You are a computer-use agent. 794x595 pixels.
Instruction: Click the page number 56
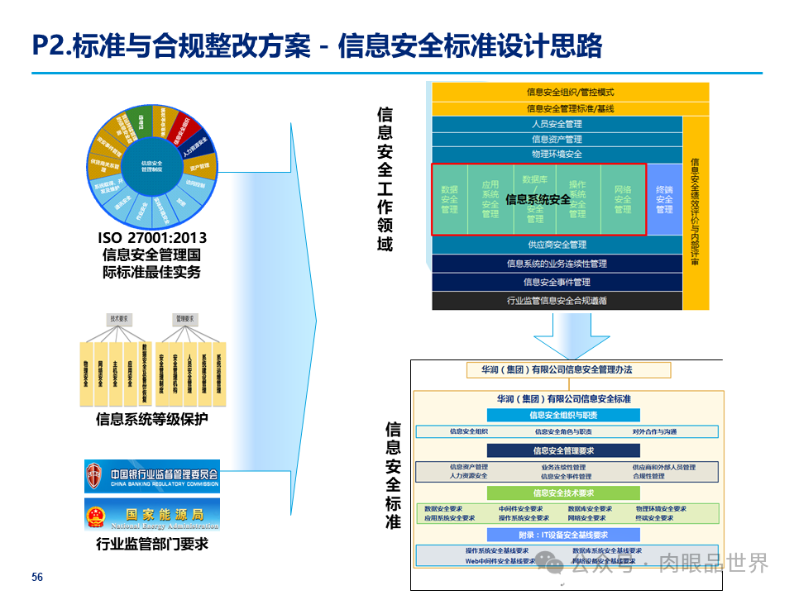click(37, 577)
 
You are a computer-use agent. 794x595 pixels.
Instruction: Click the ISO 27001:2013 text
click(151, 240)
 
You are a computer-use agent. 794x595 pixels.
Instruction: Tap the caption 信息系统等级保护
click(151, 420)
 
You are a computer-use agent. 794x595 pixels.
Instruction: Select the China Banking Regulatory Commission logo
click(152, 477)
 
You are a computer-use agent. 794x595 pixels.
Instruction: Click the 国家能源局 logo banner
click(152, 514)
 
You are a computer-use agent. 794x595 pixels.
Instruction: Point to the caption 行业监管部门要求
click(151, 544)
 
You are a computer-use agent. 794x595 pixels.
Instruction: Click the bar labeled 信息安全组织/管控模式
click(570, 92)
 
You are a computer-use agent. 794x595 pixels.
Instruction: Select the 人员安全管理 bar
click(557, 124)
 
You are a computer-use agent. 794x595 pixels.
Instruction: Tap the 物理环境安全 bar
click(557, 155)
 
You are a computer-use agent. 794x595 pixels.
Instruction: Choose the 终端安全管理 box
click(664, 199)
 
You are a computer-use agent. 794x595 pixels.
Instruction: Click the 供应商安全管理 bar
click(557, 245)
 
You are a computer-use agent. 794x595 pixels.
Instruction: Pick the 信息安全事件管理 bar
click(557, 282)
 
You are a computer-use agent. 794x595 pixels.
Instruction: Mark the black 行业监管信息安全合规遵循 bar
click(557, 301)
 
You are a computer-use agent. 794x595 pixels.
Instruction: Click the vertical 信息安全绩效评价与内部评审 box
click(696, 212)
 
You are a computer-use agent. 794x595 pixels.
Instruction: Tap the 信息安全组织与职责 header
click(563, 416)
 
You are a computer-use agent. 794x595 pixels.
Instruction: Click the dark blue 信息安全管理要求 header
click(563, 450)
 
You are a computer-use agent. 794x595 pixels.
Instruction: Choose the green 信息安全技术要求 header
click(563, 493)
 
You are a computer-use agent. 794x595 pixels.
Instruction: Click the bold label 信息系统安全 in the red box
click(538, 200)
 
